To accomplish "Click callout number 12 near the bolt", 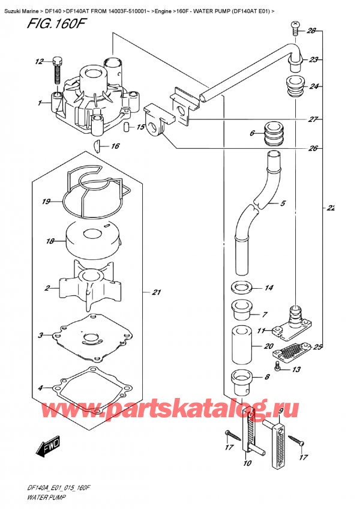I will click(x=39, y=61).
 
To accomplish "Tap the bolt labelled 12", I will click(x=57, y=70).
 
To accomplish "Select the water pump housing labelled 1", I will click(x=90, y=96).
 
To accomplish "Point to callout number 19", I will click(x=46, y=202).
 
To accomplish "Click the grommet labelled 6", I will click(x=275, y=136).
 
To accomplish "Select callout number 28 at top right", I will click(x=311, y=31).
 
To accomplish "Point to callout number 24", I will click(x=314, y=86).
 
